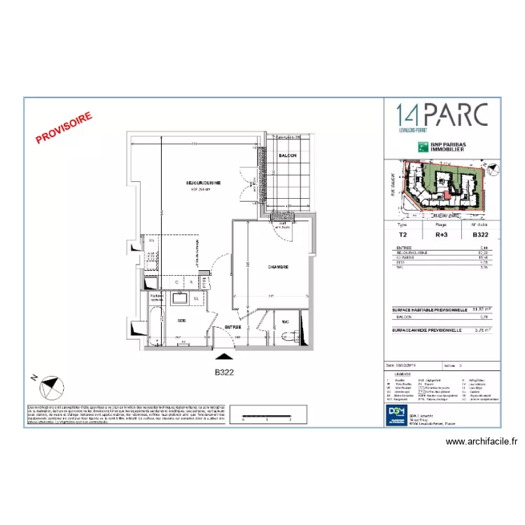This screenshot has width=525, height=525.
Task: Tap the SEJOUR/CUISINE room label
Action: [x=203, y=183]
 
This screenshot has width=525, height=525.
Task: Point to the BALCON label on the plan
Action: [x=288, y=155]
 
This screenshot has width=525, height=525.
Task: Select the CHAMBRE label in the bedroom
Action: [x=278, y=267]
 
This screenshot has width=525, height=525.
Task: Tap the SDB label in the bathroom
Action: [x=181, y=320]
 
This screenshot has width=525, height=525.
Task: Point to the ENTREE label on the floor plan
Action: [x=232, y=327]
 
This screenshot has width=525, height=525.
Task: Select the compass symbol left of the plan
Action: [x=51, y=386]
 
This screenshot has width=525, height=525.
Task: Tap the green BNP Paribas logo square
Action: [x=423, y=146]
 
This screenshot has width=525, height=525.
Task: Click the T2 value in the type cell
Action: [x=402, y=236]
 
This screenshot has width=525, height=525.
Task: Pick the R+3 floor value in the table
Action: [x=441, y=236]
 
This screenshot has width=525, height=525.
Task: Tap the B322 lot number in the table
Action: [x=480, y=236]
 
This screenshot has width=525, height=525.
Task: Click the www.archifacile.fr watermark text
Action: [x=482, y=442]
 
